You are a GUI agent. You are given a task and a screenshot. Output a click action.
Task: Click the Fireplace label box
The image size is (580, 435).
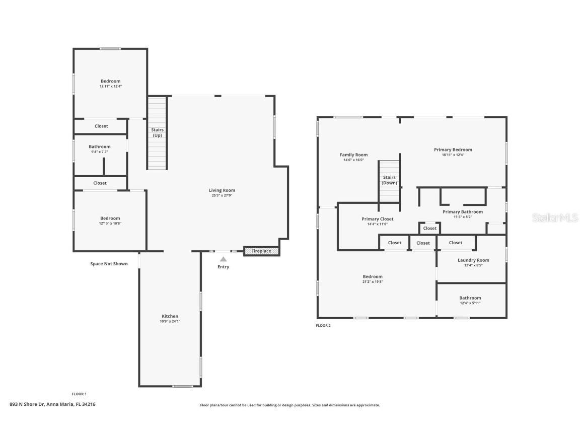coord(261,251)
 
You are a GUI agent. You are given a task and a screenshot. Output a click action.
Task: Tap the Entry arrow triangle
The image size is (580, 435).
coord(223,259)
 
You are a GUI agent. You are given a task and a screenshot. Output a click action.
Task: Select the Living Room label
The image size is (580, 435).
coord(222,190)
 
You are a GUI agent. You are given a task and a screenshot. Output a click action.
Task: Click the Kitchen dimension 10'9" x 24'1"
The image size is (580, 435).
coord(170,321)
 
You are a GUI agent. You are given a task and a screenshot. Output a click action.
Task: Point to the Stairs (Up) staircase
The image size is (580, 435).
coord(157,132)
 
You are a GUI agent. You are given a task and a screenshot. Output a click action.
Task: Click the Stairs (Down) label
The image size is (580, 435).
coord(390,180)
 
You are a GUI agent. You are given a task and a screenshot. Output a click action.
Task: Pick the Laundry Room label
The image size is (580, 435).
coord(473,260)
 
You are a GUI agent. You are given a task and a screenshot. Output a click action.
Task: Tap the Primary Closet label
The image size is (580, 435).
coord(378,219)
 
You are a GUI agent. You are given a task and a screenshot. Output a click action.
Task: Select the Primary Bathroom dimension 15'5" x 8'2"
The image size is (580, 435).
coord(463,217)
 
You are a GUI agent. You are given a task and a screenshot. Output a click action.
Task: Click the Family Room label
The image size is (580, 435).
coord(354,155)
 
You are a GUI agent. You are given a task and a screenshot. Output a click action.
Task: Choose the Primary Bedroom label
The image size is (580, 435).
coord(453,150)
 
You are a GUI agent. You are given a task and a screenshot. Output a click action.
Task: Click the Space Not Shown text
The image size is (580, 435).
coord(109,264)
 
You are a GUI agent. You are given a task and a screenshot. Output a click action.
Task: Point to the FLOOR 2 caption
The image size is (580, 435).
coord(323,326)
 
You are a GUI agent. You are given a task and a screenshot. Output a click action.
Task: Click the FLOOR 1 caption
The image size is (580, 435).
coord(79,394)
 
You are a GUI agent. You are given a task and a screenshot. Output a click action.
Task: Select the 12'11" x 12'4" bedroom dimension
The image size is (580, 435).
coord(110,86)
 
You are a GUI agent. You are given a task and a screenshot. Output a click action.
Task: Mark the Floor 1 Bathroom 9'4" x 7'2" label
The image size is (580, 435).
coord(100,147)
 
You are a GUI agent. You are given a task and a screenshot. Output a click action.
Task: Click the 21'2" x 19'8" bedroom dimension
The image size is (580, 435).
coord(373,282)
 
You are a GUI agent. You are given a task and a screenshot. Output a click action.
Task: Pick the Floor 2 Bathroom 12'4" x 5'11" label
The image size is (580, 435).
coord(470,298)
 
